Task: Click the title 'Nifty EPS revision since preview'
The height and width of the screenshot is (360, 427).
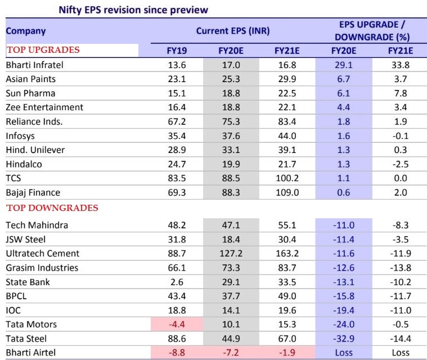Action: (x=133, y=10)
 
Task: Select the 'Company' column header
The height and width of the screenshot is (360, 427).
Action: (x=26, y=31)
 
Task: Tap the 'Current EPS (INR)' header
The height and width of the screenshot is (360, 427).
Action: (x=230, y=31)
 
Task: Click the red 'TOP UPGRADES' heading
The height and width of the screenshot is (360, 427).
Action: (x=43, y=50)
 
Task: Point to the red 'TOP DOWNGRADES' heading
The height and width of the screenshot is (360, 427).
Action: (x=52, y=208)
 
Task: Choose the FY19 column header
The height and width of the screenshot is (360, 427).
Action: (x=177, y=51)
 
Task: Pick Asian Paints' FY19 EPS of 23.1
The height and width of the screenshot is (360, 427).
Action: (x=177, y=79)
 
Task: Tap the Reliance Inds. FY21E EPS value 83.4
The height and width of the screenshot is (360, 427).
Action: (x=286, y=121)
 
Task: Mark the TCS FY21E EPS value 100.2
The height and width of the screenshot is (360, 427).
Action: (x=286, y=178)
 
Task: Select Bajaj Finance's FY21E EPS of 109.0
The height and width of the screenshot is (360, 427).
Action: (x=286, y=192)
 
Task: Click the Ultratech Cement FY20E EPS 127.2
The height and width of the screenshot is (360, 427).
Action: (x=231, y=254)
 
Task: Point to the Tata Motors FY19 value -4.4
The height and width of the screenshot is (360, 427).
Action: (x=177, y=325)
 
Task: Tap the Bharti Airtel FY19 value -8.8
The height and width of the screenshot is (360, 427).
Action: (x=177, y=353)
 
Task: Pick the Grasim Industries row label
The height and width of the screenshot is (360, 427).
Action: (x=42, y=268)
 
